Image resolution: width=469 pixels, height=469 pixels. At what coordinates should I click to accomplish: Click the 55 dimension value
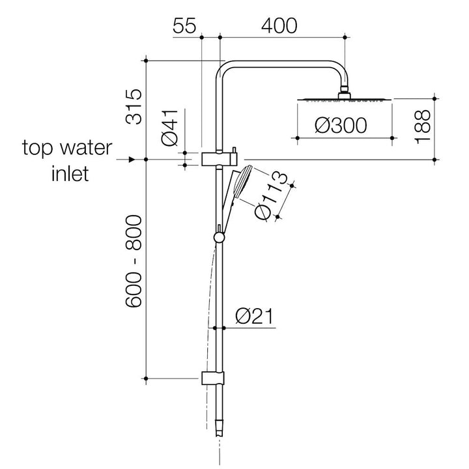click(184, 25)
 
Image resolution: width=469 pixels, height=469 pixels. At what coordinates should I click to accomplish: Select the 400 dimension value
click(279, 25)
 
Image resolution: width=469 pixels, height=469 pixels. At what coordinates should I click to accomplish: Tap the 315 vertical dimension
click(134, 106)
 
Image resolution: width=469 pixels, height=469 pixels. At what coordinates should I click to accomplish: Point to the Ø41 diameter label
click(169, 128)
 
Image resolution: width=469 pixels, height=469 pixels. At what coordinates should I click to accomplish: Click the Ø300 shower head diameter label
click(341, 125)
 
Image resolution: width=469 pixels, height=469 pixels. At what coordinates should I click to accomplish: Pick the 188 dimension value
click(422, 127)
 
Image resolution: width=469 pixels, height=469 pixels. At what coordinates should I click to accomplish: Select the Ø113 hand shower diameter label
click(270, 196)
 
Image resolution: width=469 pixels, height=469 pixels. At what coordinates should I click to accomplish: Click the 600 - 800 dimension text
click(134, 261)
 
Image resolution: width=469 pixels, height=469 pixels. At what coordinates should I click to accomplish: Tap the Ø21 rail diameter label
click(254, 317)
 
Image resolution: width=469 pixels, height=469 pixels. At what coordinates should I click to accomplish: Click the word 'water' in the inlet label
click(86, 148)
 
